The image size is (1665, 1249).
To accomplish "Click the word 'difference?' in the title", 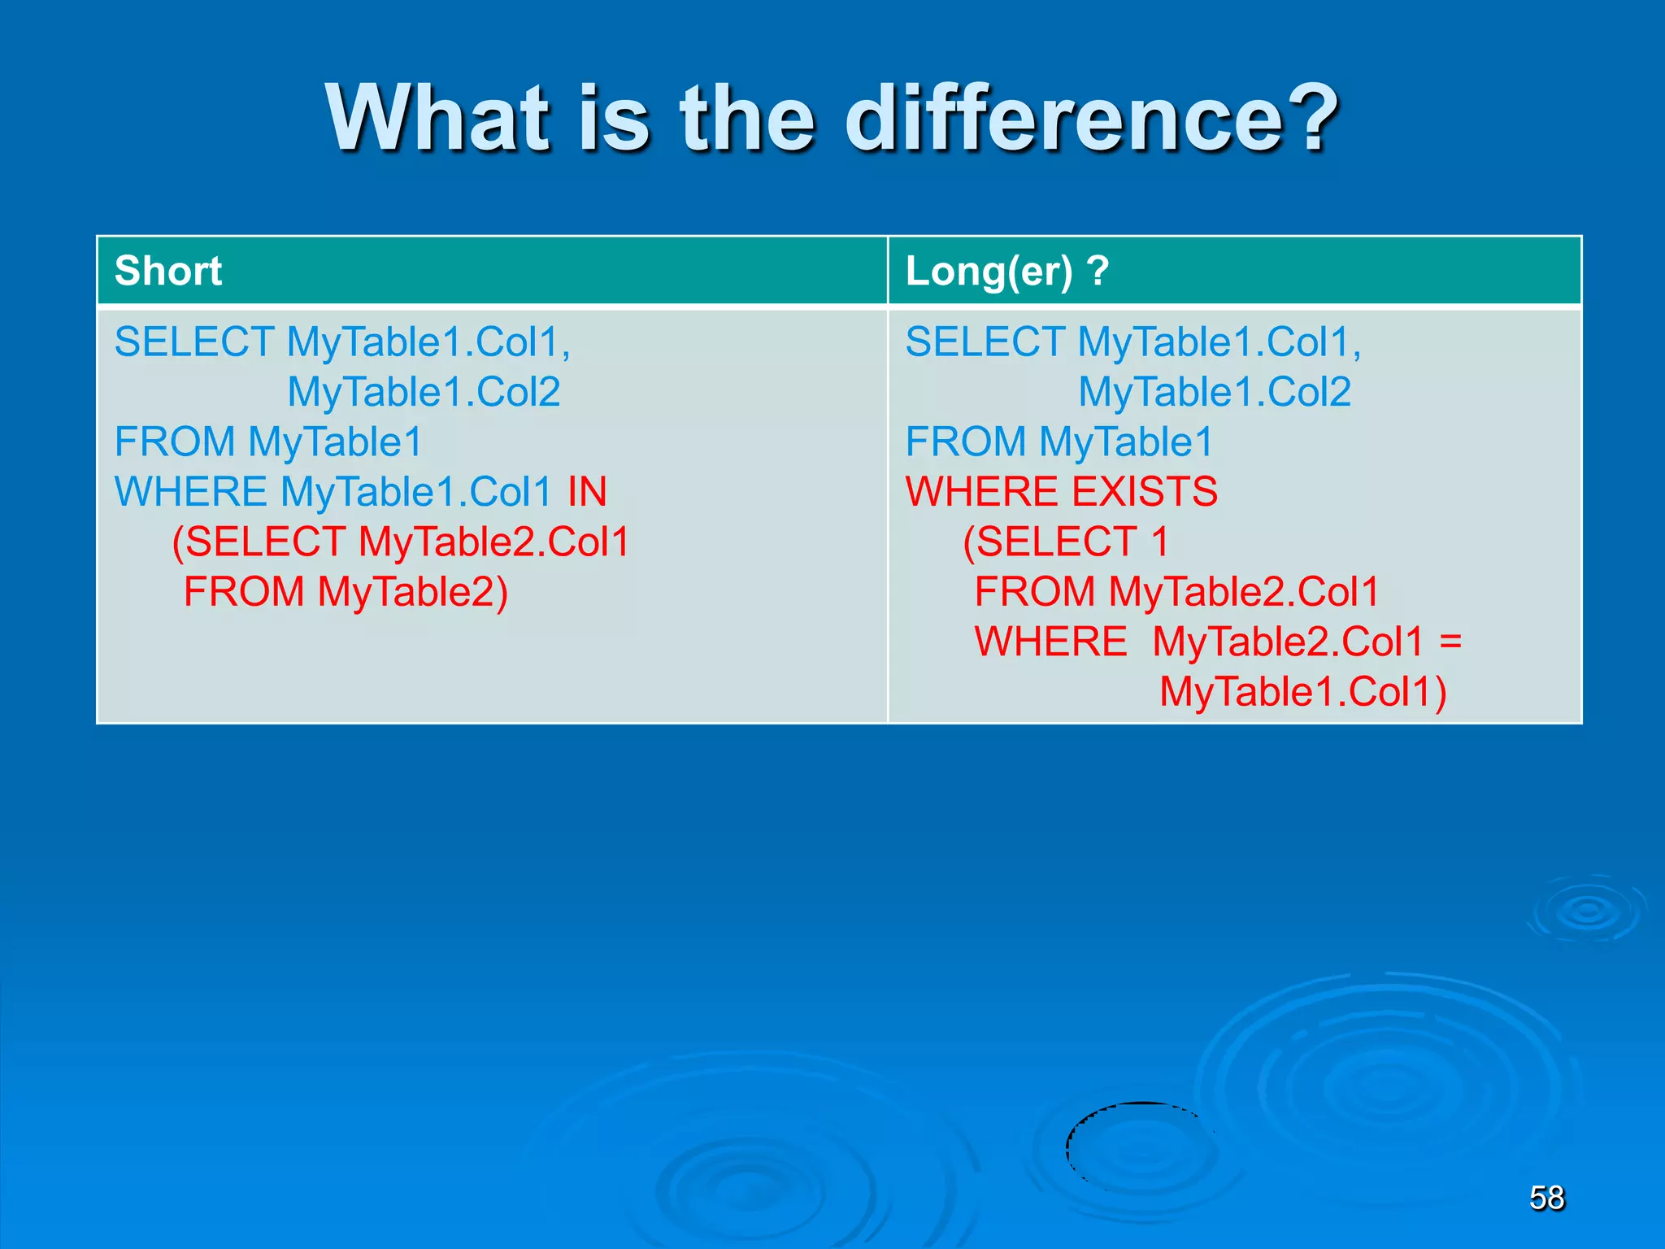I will pos(1091,120).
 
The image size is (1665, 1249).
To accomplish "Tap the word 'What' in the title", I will pos(439,120).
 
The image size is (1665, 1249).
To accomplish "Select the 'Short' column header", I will pos(168,271).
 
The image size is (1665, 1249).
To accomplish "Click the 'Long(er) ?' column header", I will pos(1007,271).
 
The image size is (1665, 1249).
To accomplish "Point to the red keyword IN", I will pos(587,492).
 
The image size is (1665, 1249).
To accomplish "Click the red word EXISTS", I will pos(1145,492).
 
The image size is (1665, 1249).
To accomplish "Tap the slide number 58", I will pos(1546,1198).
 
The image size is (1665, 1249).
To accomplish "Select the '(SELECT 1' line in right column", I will pos(1065,542).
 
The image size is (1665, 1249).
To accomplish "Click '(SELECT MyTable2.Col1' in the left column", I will pos(401,542).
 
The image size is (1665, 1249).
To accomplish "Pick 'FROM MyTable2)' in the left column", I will pos(346,592).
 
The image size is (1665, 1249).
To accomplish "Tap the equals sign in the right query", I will pos(1450,642).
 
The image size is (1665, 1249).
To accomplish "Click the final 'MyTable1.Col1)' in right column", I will pos(1302,692).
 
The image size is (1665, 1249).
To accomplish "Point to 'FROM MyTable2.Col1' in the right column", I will pos(1176,592).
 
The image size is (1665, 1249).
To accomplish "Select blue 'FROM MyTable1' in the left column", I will pos(268,442).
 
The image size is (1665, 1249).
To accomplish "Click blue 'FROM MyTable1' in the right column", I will pos(1059,442).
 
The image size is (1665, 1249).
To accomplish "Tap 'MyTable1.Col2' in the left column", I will pos(424,392).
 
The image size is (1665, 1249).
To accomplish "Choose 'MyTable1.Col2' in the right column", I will pos(1215,392).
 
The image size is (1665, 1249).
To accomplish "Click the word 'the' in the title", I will pos(746,120).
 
